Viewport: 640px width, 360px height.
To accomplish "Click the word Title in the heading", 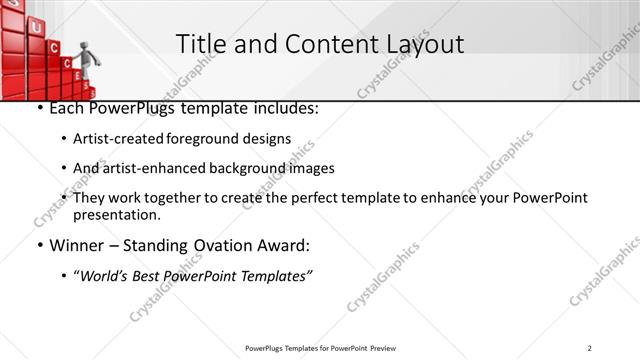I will click(200, 44).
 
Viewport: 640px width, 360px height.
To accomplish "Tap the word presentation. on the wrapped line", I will click(117, 214).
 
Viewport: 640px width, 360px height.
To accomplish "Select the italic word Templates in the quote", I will click(274, 275).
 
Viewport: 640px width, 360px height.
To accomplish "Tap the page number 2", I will click(590, 348).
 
